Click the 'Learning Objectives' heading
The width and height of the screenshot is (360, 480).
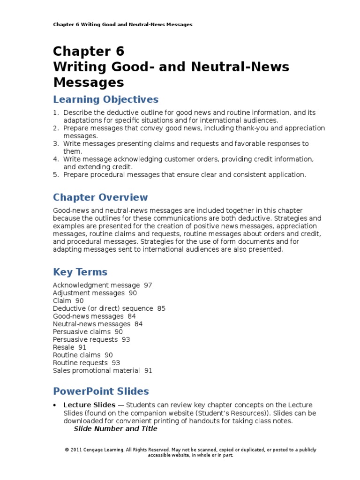pos(105,99)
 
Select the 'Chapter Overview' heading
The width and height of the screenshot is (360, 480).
pos(100,197)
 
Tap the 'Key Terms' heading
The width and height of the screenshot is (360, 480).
pos(80,272)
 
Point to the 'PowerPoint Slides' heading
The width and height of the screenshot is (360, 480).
pos(101,391)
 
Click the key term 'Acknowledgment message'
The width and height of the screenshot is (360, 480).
pos(96,285)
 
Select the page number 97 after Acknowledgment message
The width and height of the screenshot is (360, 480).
pos(148,285)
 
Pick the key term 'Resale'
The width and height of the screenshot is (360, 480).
pos(63,347)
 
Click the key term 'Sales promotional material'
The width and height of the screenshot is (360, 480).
pos(96,370)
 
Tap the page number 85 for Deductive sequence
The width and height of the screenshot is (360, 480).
pos(161,308)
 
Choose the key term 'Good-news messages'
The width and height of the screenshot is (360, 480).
pos(88,316)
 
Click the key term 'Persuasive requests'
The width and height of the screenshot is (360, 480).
pos(85,339)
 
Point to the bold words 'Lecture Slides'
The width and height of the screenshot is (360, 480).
pos(89,405)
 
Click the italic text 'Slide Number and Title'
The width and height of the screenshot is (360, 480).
pos(115,429)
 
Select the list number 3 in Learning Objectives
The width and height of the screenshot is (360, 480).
pos(55,143)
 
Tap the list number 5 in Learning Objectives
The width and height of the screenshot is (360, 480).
pos(55,175)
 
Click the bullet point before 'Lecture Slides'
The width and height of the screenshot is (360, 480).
pos(55,405)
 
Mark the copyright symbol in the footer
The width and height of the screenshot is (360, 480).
pos(67,450)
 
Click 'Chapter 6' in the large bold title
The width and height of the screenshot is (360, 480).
pos(88,52)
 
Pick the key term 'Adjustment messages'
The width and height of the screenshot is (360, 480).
pos(88,293)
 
